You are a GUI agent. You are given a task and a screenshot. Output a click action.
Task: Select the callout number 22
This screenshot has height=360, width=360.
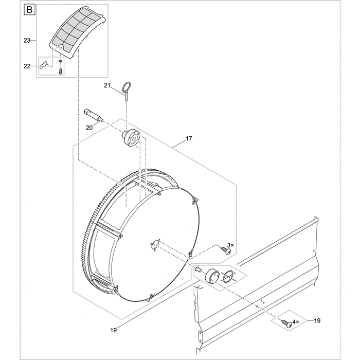click(x=27, y=65)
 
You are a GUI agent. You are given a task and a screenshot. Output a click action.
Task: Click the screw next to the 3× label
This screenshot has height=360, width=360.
click(x=222, y=250)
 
